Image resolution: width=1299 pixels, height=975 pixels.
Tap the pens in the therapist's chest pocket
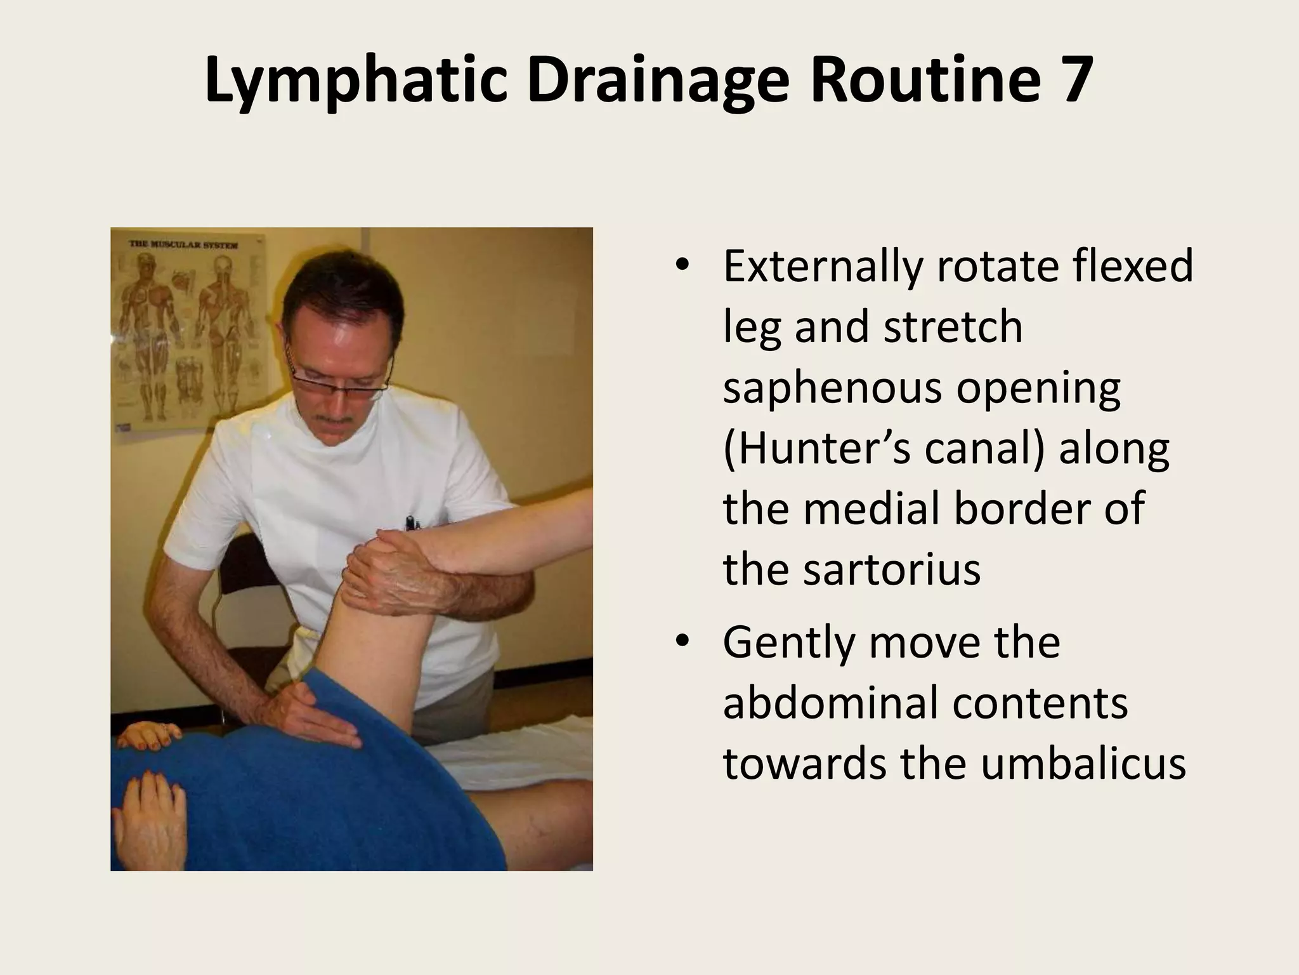(x=412, y=524)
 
